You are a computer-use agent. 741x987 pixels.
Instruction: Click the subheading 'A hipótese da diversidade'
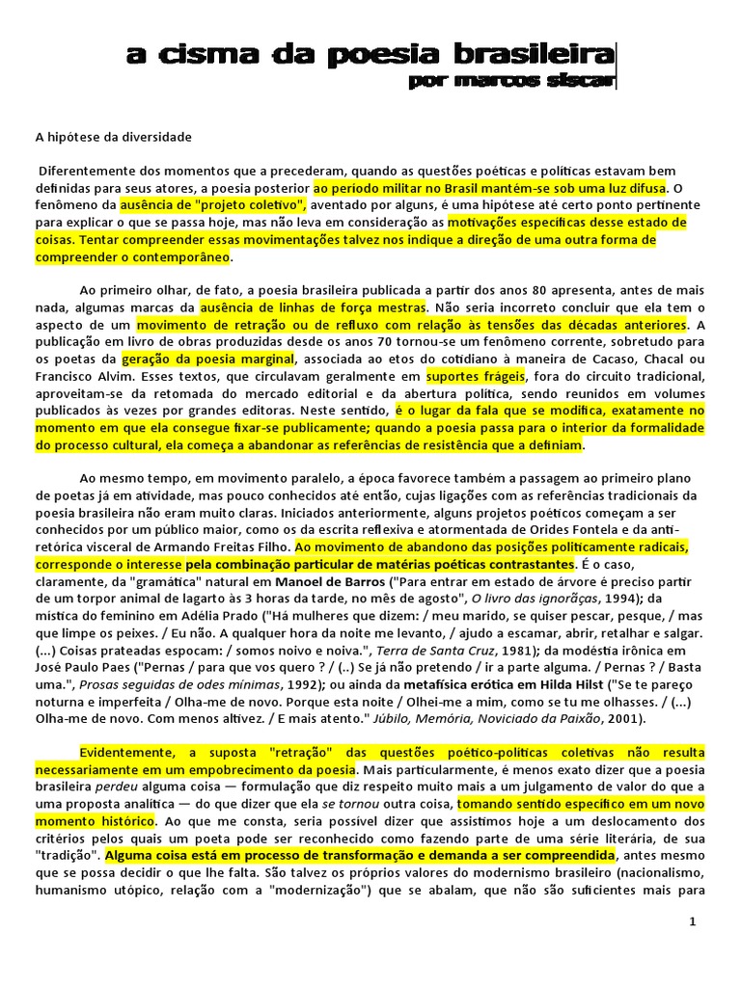pyautogui.click(x=115, y=137)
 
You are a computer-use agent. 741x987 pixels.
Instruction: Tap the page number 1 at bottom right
pyautogui.click(x=692, y=922)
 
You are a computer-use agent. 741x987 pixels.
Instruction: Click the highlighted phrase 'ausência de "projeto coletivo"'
pyautogui.click(x=213, y=205)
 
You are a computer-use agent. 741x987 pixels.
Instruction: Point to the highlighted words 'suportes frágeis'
pyautogui.click(x=472, y=376)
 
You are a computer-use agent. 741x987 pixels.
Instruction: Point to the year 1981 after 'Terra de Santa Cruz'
pyautogui.click(x=524, y=651)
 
